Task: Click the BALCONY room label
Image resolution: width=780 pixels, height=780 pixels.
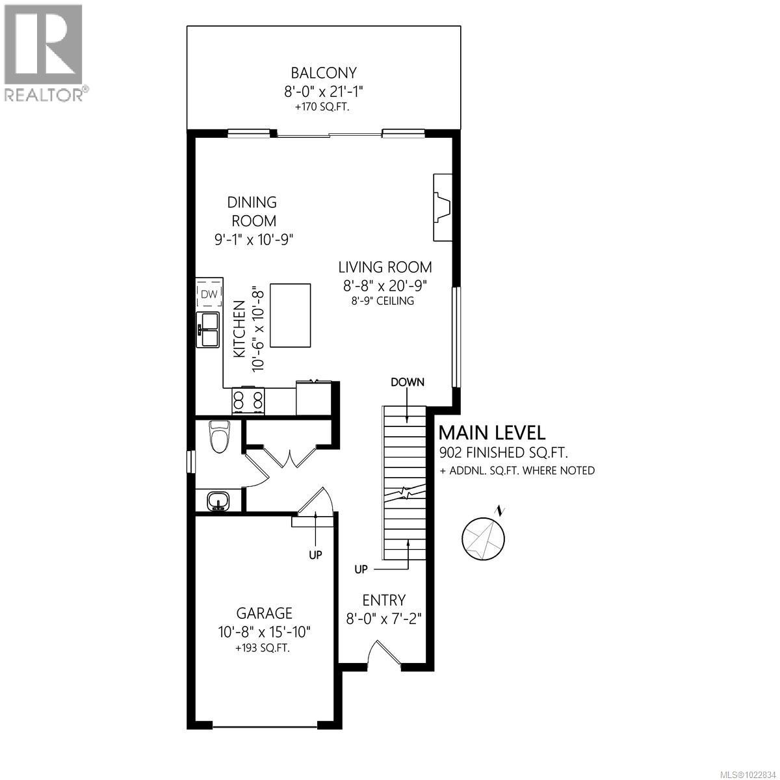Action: (324, 73)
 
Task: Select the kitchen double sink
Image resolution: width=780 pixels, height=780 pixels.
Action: (209, 330)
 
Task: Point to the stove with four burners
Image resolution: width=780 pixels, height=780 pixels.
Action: (248, 400)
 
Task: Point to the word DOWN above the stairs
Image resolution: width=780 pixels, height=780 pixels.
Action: (408, 382)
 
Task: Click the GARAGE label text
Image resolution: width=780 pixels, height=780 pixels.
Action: (264, 612)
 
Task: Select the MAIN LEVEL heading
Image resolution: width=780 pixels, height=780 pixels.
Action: (492, 432)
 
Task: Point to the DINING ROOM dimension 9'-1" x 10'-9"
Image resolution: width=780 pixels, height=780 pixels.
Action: (254, 239)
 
